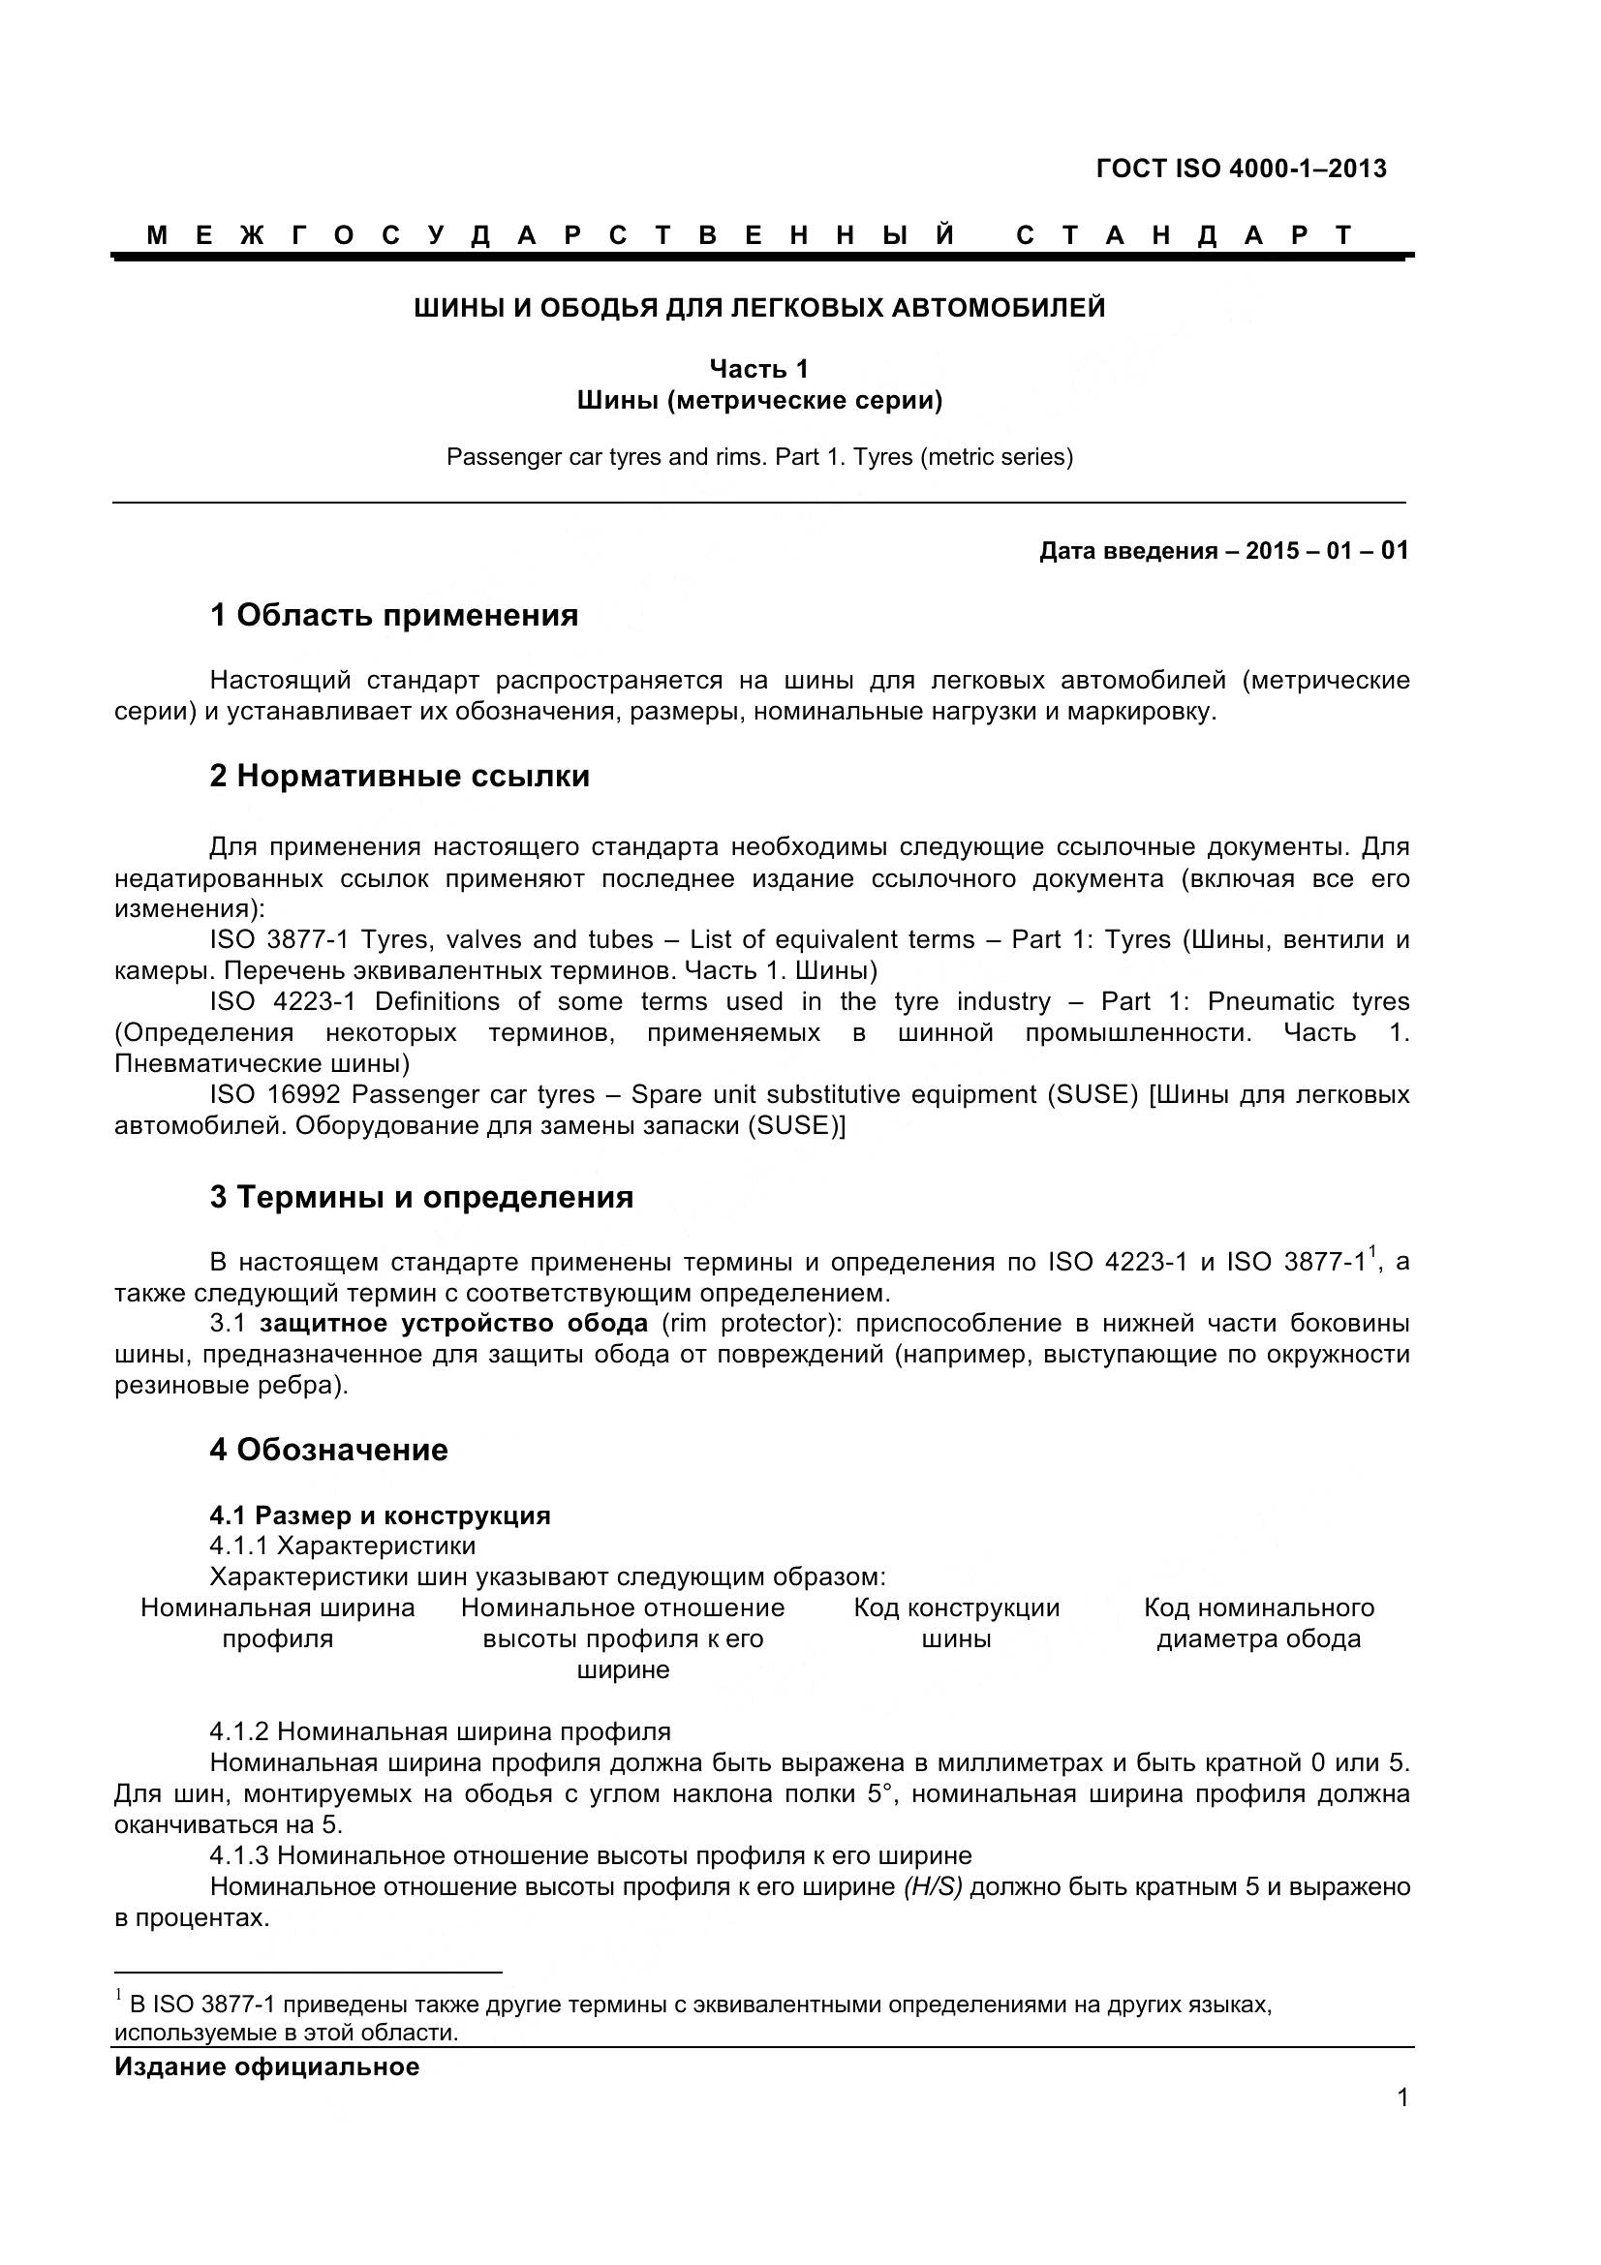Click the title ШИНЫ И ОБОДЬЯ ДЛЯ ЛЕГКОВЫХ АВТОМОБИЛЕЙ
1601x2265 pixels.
coord(758,309)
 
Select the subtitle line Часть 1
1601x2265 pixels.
coord(758,369)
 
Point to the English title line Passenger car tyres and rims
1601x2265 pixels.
coord(758,458)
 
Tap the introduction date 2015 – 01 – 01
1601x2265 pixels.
coord(1326,550)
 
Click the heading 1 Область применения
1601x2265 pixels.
coord(393,616)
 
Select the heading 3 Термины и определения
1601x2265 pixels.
coord(421,1198)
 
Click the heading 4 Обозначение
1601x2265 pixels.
coord(328,1451)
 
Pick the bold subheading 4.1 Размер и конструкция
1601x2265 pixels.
coord(380,1515)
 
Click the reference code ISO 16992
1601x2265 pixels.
coord(275,1095)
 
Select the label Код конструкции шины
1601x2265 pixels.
coord(956,1624)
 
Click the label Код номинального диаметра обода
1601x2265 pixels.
coord(1258,1624)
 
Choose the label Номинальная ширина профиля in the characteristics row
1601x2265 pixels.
coord(277,1624)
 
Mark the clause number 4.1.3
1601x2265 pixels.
coord(238,1855)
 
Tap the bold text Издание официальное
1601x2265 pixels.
coord(266,2067)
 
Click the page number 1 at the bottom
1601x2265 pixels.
coord(1401,2125)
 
